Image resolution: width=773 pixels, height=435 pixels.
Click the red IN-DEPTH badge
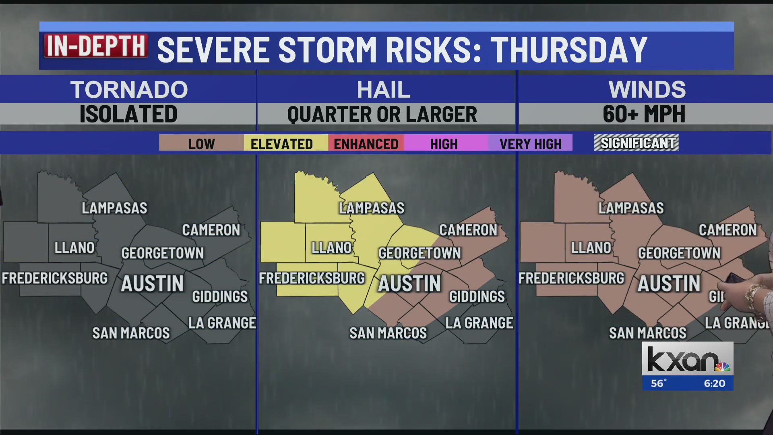click(96, 47)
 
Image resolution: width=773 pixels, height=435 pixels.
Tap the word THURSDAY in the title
click(569, 50)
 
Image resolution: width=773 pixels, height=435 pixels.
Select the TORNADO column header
click(129, 89)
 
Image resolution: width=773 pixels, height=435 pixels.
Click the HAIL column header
click(384, 89)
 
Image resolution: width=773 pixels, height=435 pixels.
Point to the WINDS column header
click(647, 89)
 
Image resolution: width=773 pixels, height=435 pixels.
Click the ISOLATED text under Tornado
click(128, 114)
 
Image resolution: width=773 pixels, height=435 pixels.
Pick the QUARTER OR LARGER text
click(382, 114)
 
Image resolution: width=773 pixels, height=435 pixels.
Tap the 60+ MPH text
click(644, 114)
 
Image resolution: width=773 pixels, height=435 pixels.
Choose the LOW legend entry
click(201, 143)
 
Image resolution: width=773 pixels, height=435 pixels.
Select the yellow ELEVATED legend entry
click(282, 143)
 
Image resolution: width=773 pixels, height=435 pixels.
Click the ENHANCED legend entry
click(366, 143)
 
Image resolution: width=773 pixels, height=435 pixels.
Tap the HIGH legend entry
click(444, 143)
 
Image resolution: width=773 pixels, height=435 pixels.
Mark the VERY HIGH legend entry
click(530, 143)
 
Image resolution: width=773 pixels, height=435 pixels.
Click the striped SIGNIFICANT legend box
click(636, 143)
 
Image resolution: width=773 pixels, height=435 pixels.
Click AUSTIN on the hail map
click(409, 284)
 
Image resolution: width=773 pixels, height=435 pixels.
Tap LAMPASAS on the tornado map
click(115, 208)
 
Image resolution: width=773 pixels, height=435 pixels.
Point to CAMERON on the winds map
click(728, 230)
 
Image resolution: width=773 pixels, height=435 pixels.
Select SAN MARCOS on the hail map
click(388, 333)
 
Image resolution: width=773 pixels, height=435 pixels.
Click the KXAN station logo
click(688, 359)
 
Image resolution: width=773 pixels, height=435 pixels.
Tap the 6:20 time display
click(715, 383)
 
